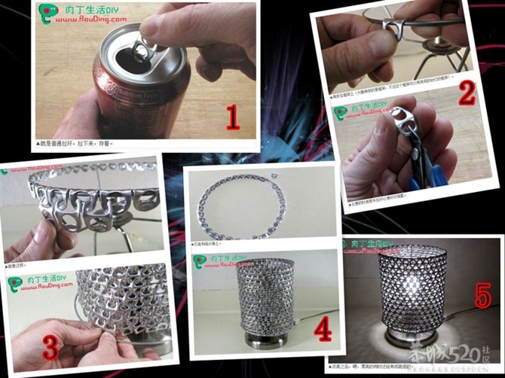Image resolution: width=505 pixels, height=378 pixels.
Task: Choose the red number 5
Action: coord(482,297)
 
